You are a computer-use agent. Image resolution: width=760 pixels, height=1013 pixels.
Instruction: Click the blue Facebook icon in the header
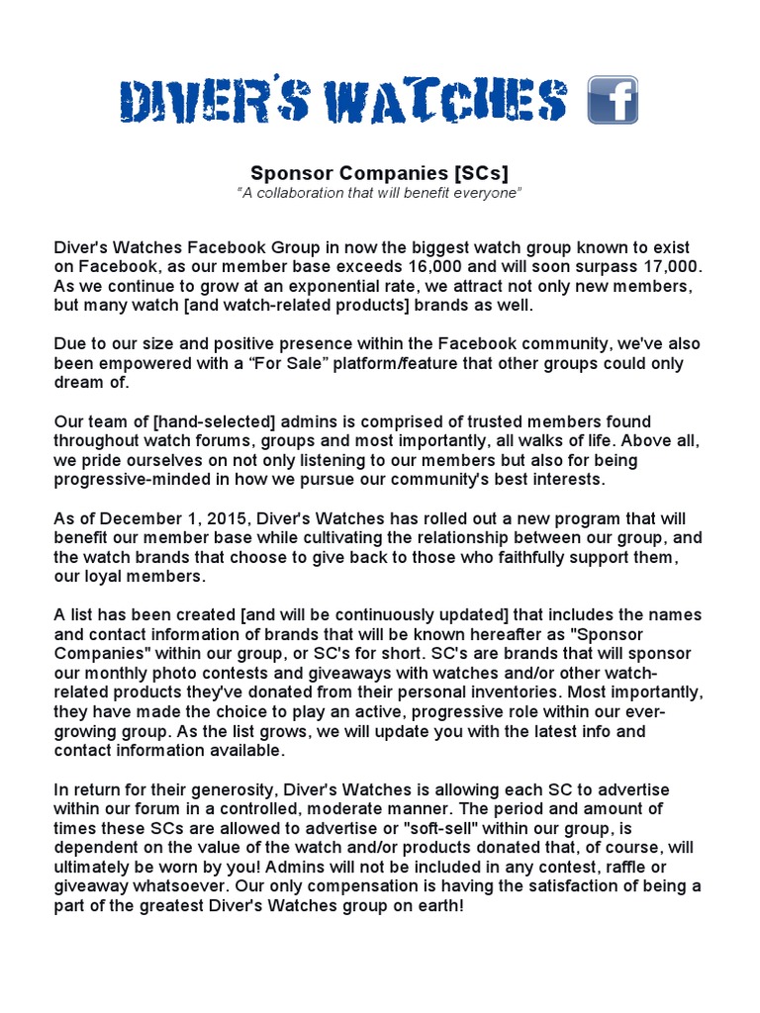point(613,100)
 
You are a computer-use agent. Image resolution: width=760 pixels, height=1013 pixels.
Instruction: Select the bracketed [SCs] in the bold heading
point(482,173)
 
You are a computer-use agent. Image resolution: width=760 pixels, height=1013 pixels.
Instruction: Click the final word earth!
point(437,905)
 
